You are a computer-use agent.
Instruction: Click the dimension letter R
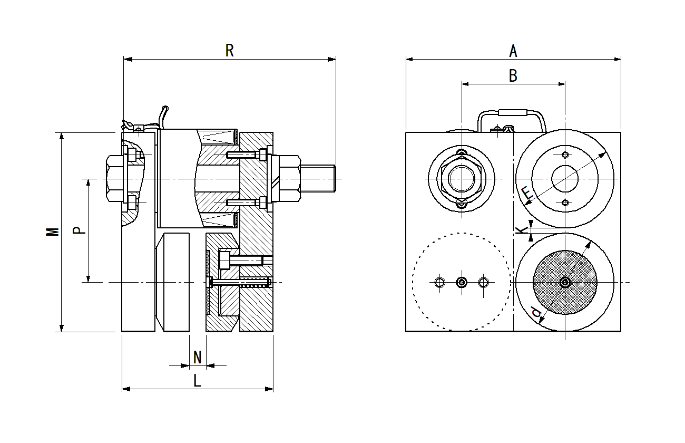click(229, 51)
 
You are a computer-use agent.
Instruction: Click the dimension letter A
click(513, 51)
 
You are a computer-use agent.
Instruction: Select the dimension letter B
click(513, 75)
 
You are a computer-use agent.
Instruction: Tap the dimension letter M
click(52, 232)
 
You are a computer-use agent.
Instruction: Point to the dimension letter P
click(79, 230)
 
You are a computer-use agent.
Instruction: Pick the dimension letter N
click(198, 357)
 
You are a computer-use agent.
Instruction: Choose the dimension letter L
click(198, 381)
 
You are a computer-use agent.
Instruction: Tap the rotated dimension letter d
click(536, 312)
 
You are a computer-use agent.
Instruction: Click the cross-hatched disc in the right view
click(565, 282)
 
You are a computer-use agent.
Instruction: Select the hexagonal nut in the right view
click(462, 179)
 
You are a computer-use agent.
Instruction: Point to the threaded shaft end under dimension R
click(318, 178)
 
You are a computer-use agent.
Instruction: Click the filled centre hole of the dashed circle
click(462, 282)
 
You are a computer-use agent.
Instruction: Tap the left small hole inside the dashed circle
click(440, 282)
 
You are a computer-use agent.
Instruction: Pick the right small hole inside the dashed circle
click(484, 282)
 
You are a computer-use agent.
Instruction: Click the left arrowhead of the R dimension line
click(128, 59)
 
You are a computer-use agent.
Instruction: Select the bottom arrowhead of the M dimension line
click(62, 328)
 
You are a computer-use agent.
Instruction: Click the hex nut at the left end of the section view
click(115, 178)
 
